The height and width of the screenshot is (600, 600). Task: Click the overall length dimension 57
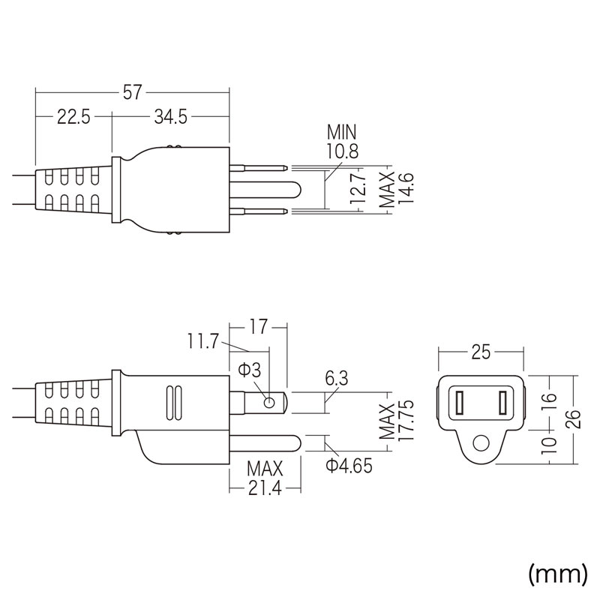132,92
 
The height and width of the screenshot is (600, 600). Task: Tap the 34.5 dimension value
170,117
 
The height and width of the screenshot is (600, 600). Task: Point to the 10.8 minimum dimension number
342,151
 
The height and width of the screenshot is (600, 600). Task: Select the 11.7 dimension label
202,343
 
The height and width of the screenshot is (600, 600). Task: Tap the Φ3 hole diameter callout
249,370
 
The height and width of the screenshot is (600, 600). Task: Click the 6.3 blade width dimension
337,379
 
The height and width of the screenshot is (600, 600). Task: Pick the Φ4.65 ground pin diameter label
349,466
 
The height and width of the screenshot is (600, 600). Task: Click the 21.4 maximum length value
266,490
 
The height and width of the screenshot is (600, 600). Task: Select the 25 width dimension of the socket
480,350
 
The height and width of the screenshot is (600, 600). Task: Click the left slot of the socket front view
457,405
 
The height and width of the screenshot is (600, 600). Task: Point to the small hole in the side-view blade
268,403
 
